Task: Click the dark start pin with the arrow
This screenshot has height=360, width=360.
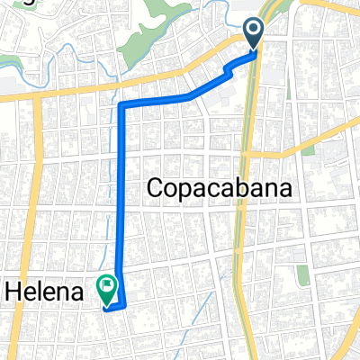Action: pos(254,32)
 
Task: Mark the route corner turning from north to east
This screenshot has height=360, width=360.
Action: pos(121,106)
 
